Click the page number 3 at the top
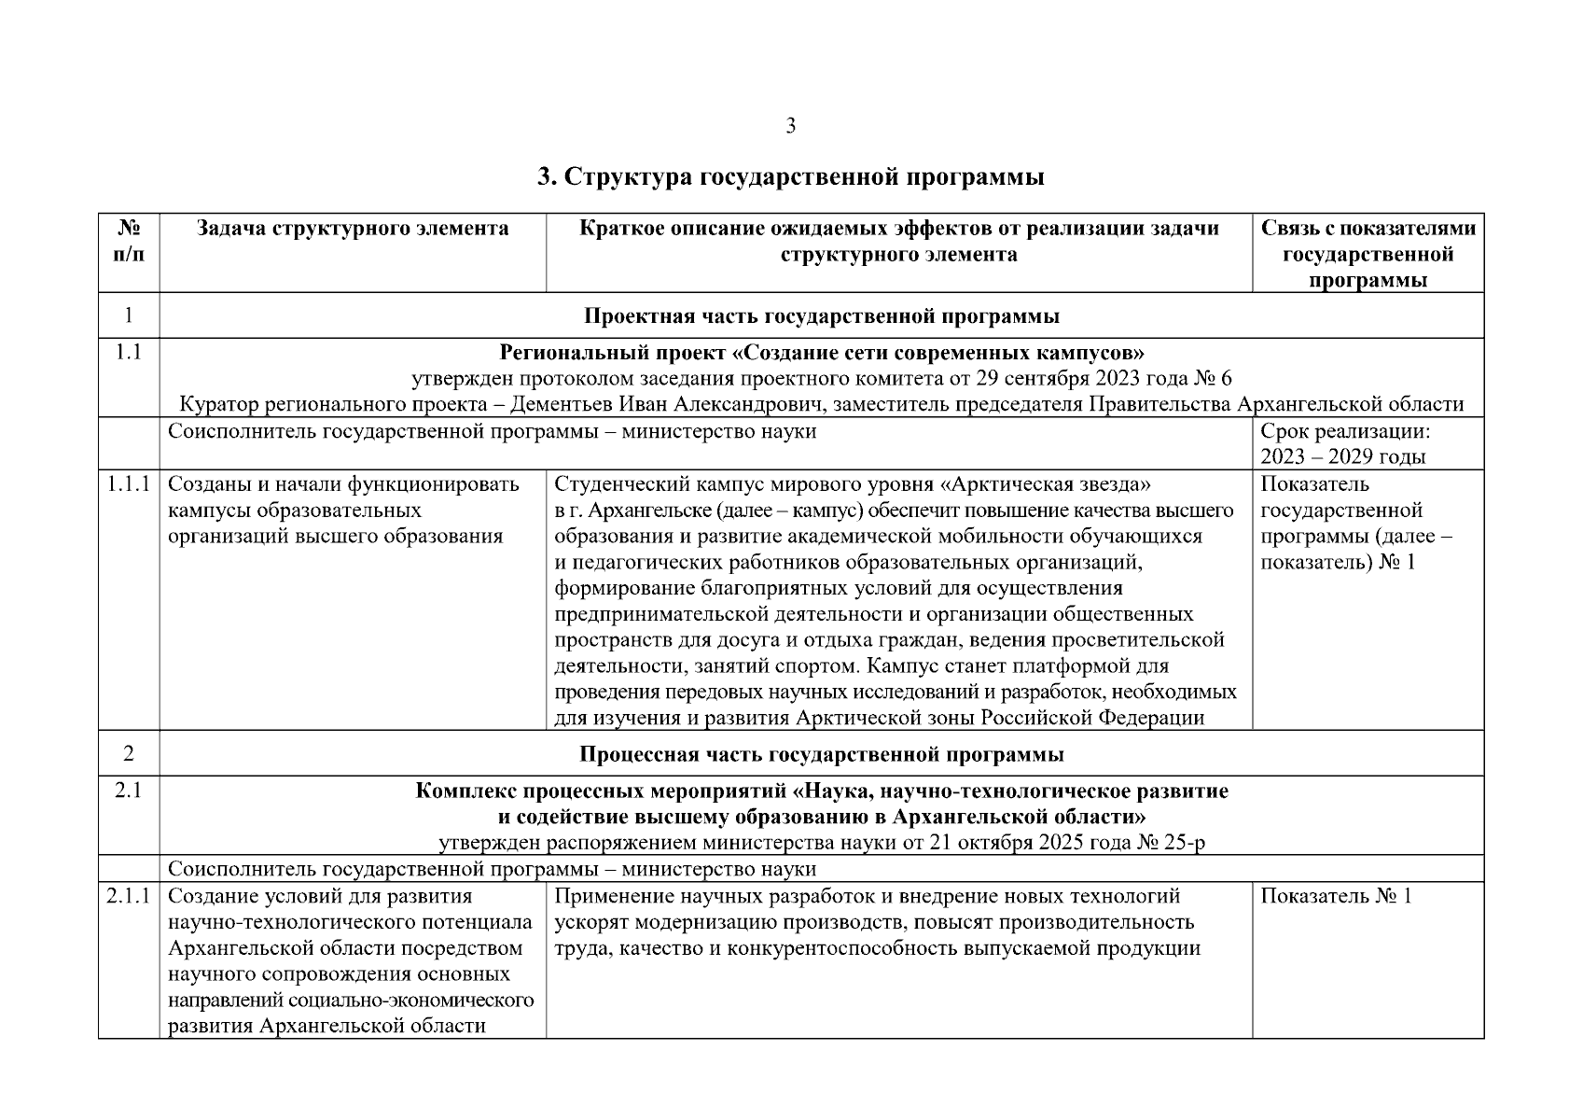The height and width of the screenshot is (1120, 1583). (790, 126)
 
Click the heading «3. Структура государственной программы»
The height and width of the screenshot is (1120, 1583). (790, 177)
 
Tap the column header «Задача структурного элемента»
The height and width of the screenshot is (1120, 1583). (353, 229)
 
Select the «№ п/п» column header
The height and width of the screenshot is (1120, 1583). (129, 241)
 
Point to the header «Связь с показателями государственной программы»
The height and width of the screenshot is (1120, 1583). (1368, 254)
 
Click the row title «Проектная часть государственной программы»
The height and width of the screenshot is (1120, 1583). (821, 316)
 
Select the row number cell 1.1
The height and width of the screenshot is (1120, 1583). (129, 353)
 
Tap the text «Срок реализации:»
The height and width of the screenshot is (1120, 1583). (1345, 431)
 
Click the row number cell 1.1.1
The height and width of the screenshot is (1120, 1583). (129, 483)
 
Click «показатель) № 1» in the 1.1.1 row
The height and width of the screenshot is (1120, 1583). (1338, 562)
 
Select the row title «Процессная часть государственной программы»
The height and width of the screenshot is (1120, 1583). (821, 754)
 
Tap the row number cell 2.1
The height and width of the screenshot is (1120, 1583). (129, 791)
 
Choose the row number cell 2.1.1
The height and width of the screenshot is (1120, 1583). (129, 896)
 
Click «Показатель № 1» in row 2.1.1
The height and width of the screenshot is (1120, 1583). (1336, 896)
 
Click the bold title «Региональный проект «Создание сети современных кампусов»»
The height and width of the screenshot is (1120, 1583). (821, 353)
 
